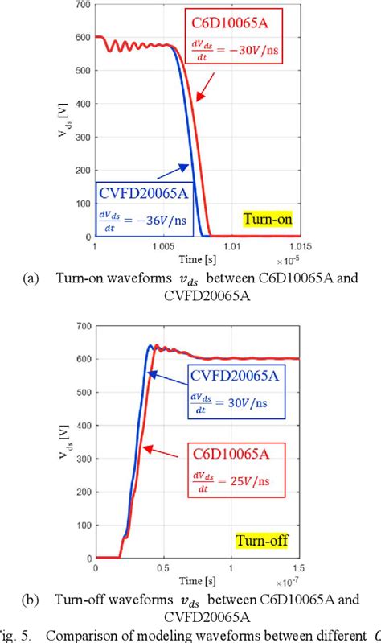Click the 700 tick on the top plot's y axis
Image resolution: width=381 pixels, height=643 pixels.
[83, 6]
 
